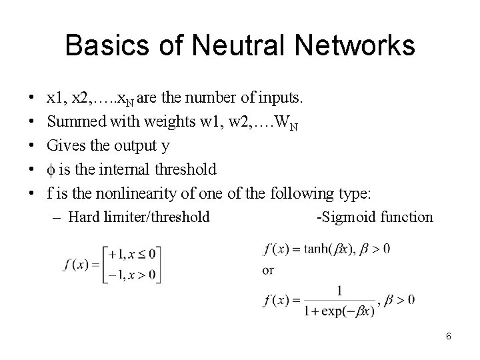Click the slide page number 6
click(449, 336)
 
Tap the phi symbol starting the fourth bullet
click(51, 169)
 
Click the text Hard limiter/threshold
click(139, 217)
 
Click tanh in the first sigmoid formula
click(319, 249)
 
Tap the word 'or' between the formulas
click(269, 271)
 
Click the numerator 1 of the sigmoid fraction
click(340, 290)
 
